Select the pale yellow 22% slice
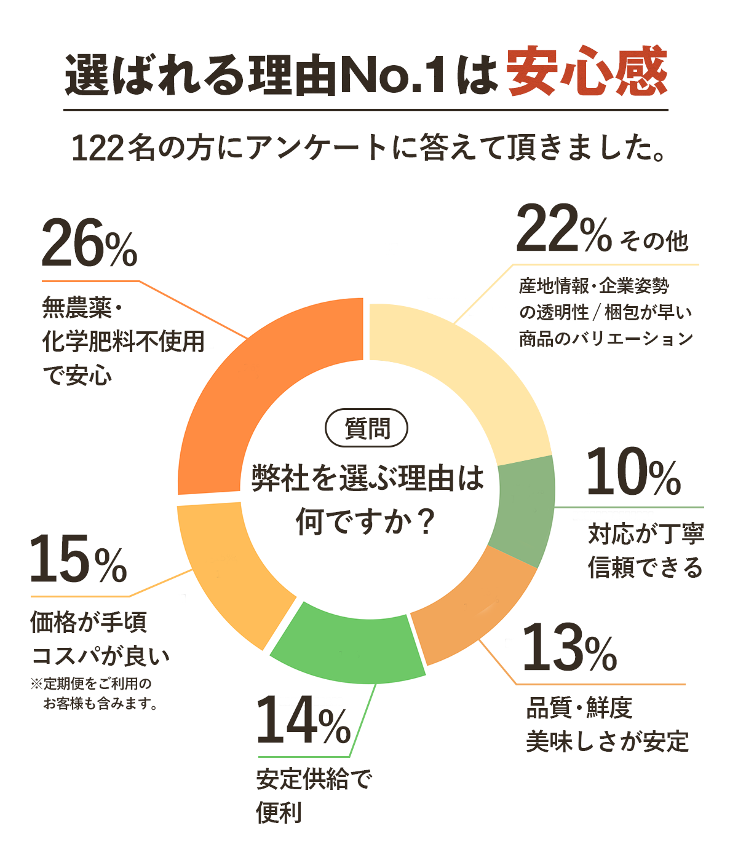[x=474, y=381]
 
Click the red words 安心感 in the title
[x=587, y=73]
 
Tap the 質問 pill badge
[x=367, y=428]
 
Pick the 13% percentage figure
[x=569, y=648]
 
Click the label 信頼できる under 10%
[x=645, y=567]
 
